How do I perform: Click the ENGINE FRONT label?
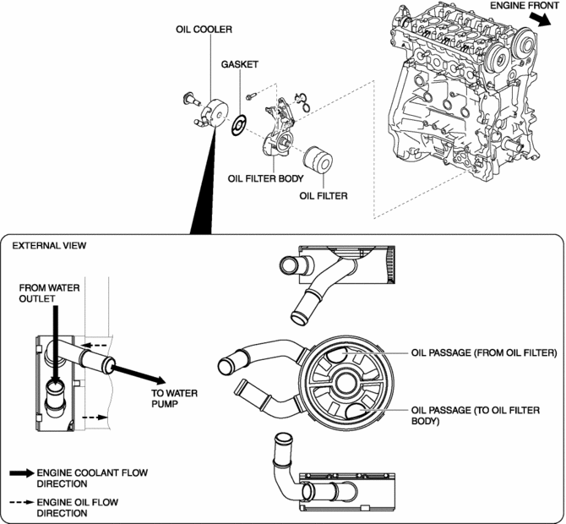tap(524, 5)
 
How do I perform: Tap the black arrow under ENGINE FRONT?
tap(540, 19)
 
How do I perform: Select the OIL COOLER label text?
tap(204, 30)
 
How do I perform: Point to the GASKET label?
tap(240, 64)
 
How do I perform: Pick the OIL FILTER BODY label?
tap(265, 178)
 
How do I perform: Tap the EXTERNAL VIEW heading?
tap(50, 246)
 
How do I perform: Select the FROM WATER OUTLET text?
tap(50, 293)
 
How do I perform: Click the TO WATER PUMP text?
tap(174, 398)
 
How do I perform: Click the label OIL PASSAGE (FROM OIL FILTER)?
tap(484, 352)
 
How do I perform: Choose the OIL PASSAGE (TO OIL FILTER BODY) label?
tap(476, 416)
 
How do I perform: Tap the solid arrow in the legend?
tap(22, 473)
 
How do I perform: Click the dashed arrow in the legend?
tap(22, 502)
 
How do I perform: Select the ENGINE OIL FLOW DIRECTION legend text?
tap(78, 508)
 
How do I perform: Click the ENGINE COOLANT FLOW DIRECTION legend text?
tap(92, 478)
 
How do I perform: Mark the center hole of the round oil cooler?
tap(346, 383)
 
